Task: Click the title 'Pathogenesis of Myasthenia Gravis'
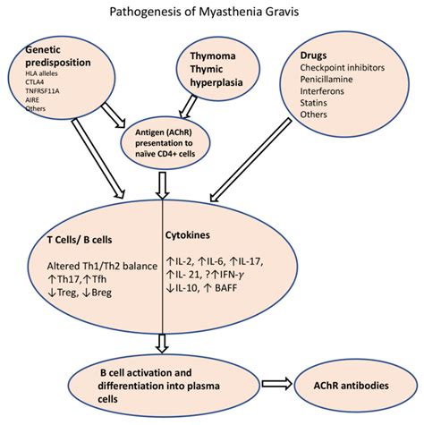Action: tap(211, 13)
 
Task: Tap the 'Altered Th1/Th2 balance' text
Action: tap(92, 265)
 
